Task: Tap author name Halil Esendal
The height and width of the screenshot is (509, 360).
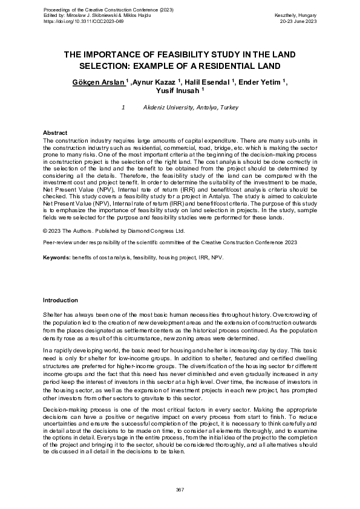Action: [208, 82]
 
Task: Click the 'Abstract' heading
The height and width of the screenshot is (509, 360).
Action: [55, 132]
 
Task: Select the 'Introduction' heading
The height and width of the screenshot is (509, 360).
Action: [60, 300]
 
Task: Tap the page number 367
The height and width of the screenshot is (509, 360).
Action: [180, 489]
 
